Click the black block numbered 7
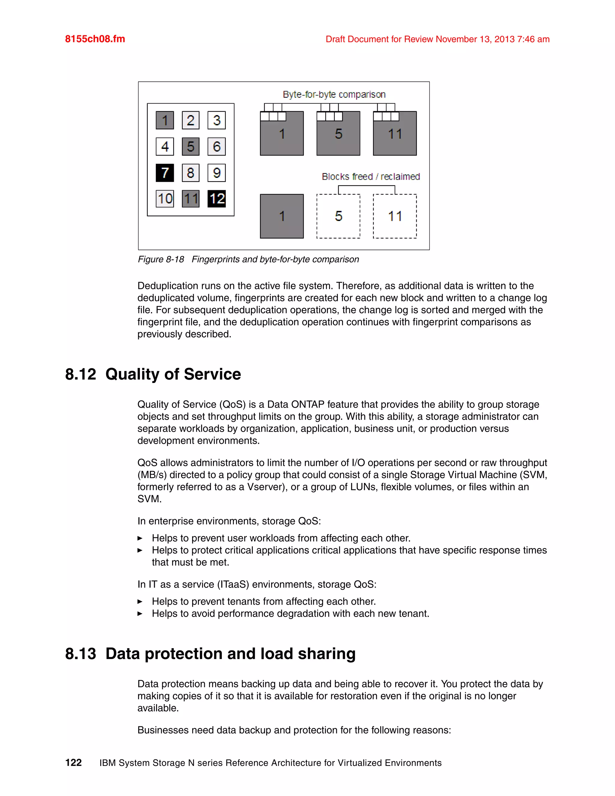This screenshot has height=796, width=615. (x=165, y=173)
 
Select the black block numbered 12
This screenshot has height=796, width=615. (x=217, y=199)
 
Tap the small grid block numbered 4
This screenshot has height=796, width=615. (x=165, y=147)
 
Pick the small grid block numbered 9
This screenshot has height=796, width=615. (x=217, y=173)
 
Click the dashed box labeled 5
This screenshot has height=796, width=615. (x=338, y=216)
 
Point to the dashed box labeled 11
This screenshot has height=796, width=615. (x=395, y=216)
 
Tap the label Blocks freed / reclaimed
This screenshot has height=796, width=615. (x=371, y=177)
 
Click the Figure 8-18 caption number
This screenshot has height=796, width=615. (x=161, y=260)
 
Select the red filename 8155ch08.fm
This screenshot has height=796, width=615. (x=95, y=39)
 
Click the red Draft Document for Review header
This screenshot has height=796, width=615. (x=437, y=39)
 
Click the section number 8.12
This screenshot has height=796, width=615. (x=80, y=374)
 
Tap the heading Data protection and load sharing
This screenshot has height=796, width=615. (x=230, y=654)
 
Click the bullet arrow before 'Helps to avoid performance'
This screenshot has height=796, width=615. (x=140, y=614)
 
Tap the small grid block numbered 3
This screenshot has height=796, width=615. (x=217, y=120)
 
